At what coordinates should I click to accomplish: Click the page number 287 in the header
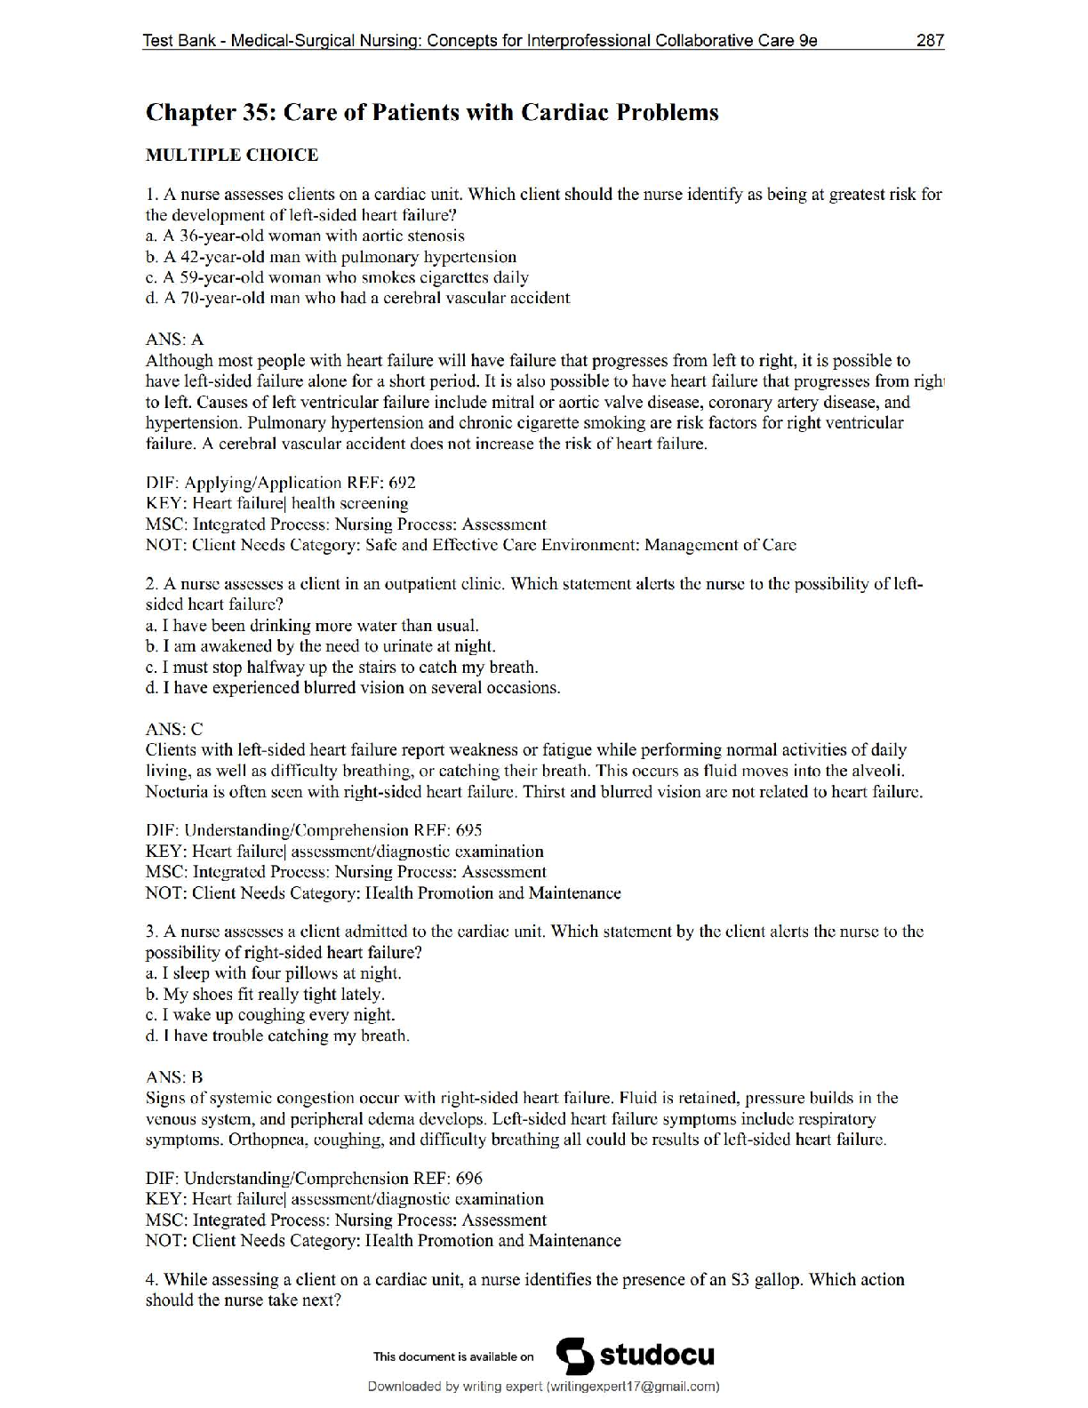(929, 41)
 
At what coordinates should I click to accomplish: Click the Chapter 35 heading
(432, 113)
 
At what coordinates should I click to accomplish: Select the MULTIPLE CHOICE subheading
(231, 156)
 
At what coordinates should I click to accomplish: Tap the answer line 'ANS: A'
(174, 340)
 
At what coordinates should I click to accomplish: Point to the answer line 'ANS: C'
(174, 730)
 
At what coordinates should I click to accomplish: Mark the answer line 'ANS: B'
(174, 1077)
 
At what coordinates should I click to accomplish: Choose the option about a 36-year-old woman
(305, 236)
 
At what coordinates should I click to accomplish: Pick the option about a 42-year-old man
(331, 257)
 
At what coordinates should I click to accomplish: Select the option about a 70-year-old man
(357, 298)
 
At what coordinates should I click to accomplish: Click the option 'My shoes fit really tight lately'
(265, 995)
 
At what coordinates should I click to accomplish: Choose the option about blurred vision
(353, 688)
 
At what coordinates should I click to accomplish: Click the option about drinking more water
(312, 626)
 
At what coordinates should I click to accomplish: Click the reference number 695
(468, 831)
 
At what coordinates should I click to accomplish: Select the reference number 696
(468, 1180)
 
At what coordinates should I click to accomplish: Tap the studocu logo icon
(574, 1356)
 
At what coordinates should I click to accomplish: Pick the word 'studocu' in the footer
(657, 1356)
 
